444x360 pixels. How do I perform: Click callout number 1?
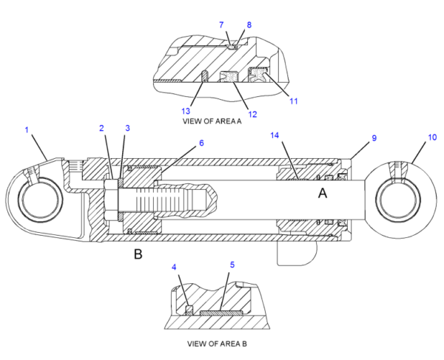pyautogui.click(x=27, y=130)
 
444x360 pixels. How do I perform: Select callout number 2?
pyautogui.click(x=101, y=128)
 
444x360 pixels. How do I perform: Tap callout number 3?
pyautogui.click(x=127, y=128)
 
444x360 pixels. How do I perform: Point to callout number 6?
pyautogui.click(x=201, y=143)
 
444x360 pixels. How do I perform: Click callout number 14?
pyautogui.click(x=275, y=135)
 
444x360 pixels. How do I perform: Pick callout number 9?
pyautogui.click(x=374, y=138)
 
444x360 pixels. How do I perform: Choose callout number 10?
pyautogui.click(x=432, y=137)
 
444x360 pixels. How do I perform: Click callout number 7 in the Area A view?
pyautogui.click(x=221, y=25)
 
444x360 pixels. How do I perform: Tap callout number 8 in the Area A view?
pyautogui.click(x=249, y=25)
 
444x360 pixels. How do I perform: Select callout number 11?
pyautogui.click(x=294, y=101)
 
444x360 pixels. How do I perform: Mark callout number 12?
pyautogui.click(x=252, y=115)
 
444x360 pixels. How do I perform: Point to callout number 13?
pyautogui.click(x=186, y=111)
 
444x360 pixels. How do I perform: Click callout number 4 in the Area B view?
pyautogui.click(x=174, y=267)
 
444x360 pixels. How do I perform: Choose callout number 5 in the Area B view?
pyautogui.click(x=232, y=265)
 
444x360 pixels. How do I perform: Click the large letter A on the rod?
pyautogui.click(x=323, y=194)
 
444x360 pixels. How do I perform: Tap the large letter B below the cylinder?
pyautogui.click(x=138, y=254)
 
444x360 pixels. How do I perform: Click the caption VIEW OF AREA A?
pyautogui.click(x=212, y=121)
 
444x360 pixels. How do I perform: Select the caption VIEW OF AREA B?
pyautogui.click(x=217, y=344)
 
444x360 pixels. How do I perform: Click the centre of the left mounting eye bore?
pyautogui.click(x=40, y=200)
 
